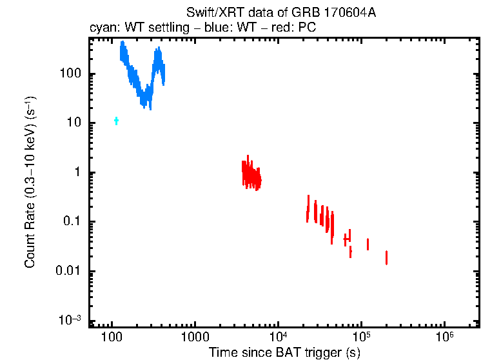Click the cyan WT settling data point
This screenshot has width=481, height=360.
(117, 121)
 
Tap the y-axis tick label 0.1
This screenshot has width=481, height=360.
(70, 222)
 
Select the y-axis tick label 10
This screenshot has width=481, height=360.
(73, 123)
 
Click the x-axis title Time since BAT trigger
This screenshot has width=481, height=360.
(284, 353)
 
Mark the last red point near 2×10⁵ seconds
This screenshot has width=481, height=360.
(386, 257)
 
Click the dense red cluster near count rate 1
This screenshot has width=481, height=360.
(251, 174)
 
